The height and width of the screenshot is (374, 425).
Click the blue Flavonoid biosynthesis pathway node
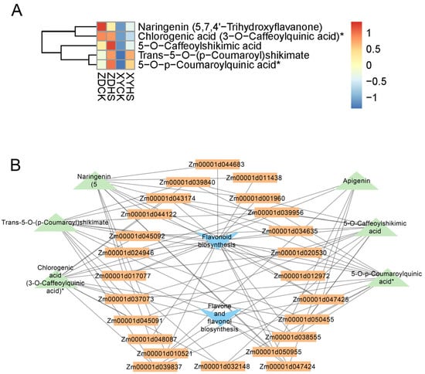tap(212, 240)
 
